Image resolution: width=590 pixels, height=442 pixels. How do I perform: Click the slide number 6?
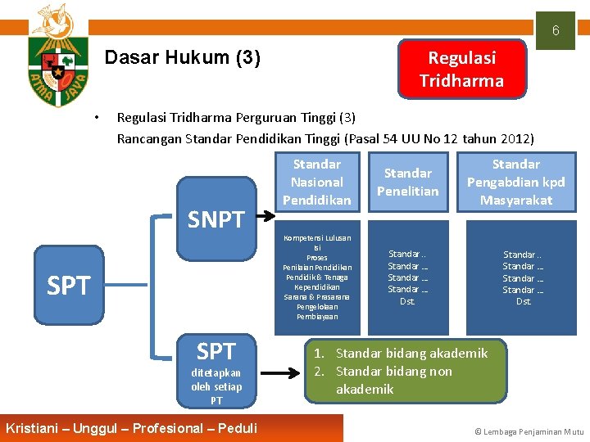coord(555,31)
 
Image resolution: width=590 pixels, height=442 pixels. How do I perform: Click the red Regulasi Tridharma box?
coord(461,69)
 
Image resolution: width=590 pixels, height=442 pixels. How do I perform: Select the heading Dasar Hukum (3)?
coord(183,58)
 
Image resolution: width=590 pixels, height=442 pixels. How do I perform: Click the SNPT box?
coord(216,219)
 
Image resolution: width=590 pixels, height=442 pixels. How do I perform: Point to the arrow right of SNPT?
coord(267,218)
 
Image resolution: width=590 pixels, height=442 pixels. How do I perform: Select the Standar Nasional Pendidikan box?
coord(316,182)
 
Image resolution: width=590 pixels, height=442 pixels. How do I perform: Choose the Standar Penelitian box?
coord(407,182)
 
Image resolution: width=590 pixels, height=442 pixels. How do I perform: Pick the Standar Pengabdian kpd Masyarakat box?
coord(515,182)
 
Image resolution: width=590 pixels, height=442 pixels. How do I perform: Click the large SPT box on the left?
coord(69,286)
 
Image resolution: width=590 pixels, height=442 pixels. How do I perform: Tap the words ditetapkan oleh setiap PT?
coord(216,386)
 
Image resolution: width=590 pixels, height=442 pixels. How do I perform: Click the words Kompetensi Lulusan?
coord(316,238)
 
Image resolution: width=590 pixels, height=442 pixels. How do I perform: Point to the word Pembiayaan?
coord(316,316)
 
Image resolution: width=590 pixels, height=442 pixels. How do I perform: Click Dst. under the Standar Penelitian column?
coord(407,301)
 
